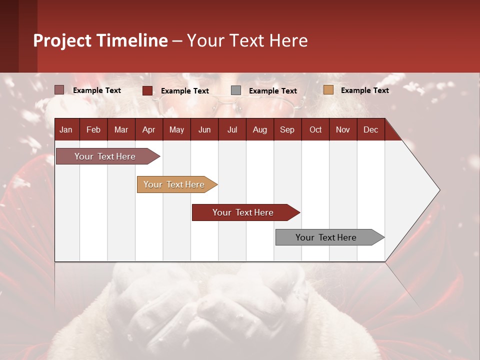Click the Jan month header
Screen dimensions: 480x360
point(66,130)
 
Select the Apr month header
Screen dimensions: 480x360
point(149,130)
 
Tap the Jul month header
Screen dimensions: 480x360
point(232,130)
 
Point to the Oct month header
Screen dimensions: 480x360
point(315,130)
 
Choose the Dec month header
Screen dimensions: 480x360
point(370,130)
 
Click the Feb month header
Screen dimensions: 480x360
point(93,130)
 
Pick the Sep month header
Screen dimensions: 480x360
point(287,130)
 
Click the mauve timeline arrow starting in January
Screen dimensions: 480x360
point(108,156)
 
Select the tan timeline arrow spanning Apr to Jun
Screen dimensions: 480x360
point(177,184)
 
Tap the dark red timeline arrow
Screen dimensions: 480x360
point(246,212)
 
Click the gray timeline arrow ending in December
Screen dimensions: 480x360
point(330,237)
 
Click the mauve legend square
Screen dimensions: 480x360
point(59,89)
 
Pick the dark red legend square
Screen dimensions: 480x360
point(147,90)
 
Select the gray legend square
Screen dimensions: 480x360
point(235,90)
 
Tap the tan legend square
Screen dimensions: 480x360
point(328,89)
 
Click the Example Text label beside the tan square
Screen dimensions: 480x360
point(365,90)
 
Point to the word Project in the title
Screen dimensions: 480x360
point(62,41)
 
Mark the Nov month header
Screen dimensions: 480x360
point(343,130)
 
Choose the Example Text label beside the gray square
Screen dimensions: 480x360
point(273,91)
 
